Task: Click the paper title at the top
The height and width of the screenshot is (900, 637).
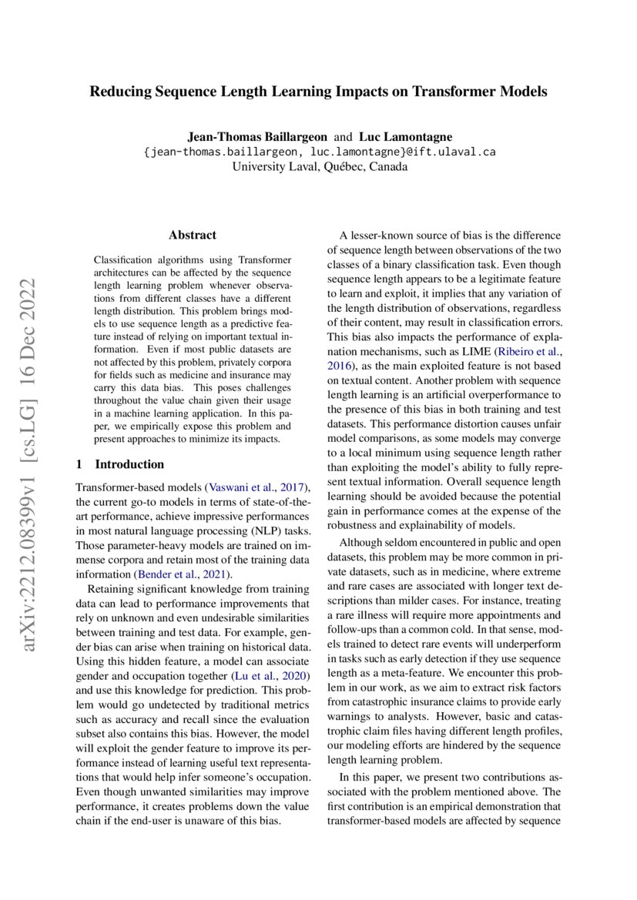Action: [318, 92]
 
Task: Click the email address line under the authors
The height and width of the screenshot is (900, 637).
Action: [319, 152]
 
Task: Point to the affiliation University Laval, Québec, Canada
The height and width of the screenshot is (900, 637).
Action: [319, 166]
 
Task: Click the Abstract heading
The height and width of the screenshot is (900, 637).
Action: [193, 235]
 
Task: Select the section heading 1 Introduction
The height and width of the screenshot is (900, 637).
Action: [119, 464]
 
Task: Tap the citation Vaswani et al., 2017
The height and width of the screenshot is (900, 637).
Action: [256, 487]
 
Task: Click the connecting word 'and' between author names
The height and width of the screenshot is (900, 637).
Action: [343, 137]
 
